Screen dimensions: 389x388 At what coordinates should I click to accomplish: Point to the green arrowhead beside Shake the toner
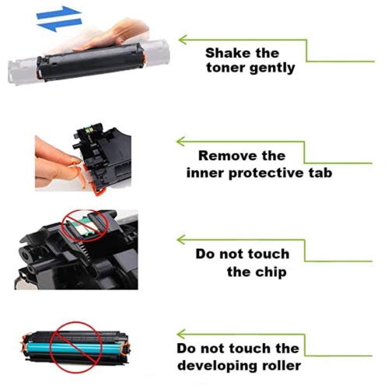[x=183, y=38]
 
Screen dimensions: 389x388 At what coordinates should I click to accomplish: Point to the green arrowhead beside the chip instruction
[x=183, y=240]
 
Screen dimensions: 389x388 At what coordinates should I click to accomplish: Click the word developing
[x=218, y=366]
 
